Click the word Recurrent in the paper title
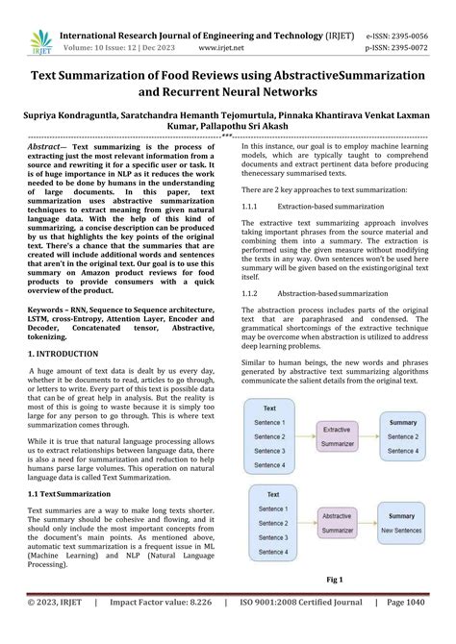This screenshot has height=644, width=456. point(187,93)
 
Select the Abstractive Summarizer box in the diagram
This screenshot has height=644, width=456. point(336,522)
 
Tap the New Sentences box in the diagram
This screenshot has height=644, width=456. point(401,530)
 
